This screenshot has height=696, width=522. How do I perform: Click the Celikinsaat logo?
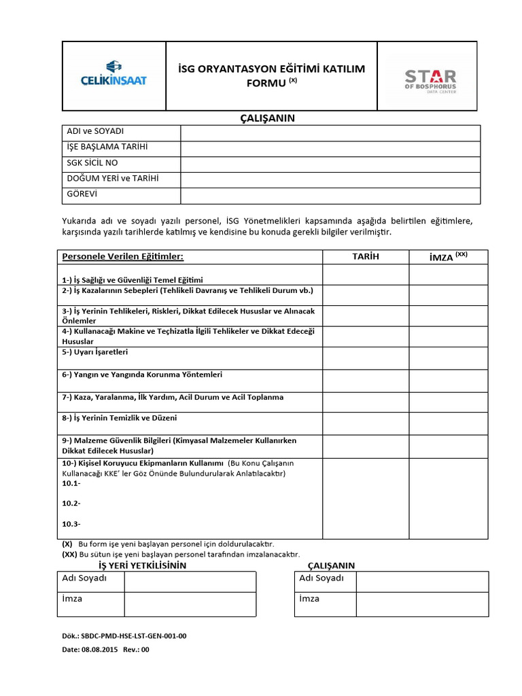click(114, 75)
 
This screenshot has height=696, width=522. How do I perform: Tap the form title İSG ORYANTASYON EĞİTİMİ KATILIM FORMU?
click(271, 75)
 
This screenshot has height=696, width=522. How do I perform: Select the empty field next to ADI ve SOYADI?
click(330, 133)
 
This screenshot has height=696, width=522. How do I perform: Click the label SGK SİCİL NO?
click(92, 163)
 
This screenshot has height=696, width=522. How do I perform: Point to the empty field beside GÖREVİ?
click(330, 196)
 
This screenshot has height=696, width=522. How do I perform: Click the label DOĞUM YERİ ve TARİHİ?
click(112, 179)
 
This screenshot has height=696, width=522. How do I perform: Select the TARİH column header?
click(366, 257)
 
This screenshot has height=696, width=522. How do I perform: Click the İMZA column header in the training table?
click(448, 257)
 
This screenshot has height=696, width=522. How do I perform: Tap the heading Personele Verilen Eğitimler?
click(123, 257)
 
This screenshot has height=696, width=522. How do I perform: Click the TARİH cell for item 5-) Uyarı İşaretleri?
click(366, 358)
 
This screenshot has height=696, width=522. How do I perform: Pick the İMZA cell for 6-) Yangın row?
click(448, 379)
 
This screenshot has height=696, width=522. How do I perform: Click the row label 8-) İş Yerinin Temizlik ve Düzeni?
click(119, 418)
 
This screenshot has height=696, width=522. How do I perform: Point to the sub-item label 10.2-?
click(71, 504)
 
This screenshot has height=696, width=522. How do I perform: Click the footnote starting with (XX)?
click(181, 554)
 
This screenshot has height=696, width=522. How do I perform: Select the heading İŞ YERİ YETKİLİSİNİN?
click(142, 565)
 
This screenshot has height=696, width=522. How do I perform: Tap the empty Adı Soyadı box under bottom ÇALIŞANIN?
click(421, 581)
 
